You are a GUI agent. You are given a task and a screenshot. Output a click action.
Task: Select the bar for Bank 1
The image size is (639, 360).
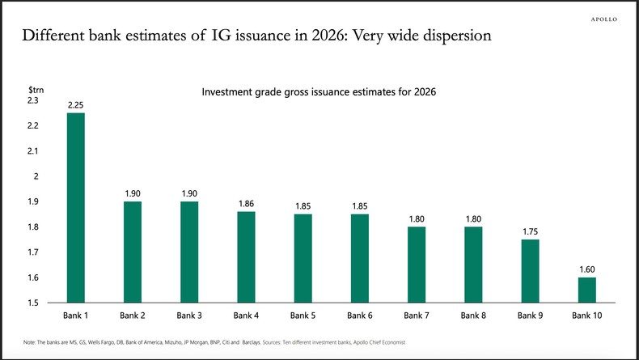[76, 208]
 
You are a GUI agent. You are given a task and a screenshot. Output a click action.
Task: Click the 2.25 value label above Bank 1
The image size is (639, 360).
[76, 105]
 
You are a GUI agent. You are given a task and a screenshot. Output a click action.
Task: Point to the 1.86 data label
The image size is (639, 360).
[247, 204]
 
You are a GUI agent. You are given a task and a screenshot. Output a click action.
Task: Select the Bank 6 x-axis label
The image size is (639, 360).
[360, 315]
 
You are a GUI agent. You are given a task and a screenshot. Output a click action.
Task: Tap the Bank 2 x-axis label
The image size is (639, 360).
[133, 315]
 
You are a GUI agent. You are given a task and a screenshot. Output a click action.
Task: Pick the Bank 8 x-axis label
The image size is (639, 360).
[473, 315]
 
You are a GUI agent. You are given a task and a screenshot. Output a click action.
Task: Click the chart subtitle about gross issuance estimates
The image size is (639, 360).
[319, 92]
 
